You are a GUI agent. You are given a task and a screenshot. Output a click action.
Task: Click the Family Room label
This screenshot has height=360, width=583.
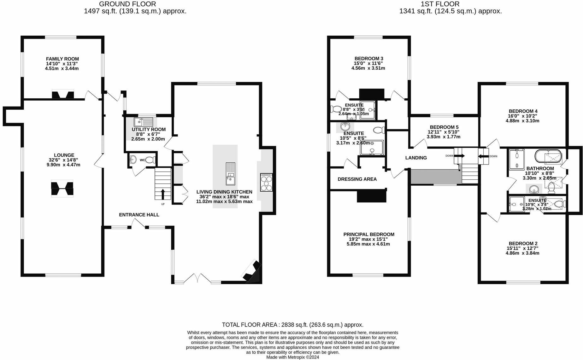[x=62, y=59]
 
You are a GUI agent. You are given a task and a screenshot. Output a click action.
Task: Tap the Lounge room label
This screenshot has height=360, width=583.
[x=64, y=155]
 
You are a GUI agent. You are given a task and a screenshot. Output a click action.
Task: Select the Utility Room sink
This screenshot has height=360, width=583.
[x=143, y=122]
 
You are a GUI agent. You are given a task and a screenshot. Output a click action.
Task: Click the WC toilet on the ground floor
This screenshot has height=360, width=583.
[x=152, y=160]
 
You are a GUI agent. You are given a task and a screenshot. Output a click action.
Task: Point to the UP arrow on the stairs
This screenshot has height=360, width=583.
[x=163, y=194]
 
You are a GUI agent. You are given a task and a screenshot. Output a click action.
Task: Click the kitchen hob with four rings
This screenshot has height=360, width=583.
[x=266, y=182]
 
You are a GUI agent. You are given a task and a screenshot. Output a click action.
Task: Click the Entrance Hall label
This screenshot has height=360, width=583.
[x=139, y=215]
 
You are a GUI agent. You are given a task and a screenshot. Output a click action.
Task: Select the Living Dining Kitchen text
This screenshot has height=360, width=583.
[x=224, y=192]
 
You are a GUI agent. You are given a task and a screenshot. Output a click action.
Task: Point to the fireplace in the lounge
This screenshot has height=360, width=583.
[x=62, y=189]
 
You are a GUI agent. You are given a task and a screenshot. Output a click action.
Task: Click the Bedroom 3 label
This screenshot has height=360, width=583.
[x=369, y=59]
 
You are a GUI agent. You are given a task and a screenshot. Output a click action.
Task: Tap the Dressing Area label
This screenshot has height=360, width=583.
[x=357, y=179]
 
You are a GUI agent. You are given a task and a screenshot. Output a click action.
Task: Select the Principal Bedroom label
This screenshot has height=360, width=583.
[x=369, y=234]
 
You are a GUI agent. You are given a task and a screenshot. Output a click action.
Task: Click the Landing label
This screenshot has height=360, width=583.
[x=416, y=158]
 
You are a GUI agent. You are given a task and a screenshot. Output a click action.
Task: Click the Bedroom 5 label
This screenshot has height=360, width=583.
[x=444, y=127]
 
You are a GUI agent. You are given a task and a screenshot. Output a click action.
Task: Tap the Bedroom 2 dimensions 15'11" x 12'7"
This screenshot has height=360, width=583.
[x=522, y=248]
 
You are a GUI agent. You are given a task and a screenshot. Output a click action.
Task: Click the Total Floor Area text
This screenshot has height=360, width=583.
[x=293, y=325]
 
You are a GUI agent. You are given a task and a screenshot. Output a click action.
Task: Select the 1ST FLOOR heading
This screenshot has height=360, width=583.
[x=440, y=4]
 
